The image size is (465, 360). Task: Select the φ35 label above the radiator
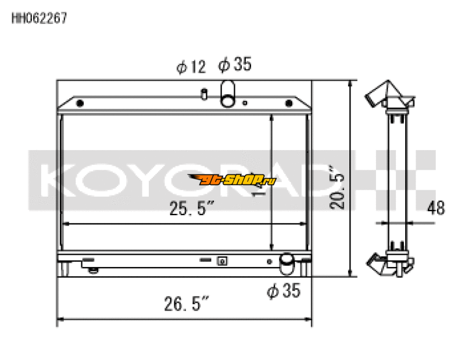(x=235, y=65)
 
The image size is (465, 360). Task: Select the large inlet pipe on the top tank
(x=228, y=94)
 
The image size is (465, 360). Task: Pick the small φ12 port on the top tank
(x=204, y=94)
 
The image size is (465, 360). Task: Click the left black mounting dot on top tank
(x=80, y=104)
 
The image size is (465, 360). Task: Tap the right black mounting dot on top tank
(x=288, y=104)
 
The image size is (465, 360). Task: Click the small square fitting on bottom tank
(x=221, y=261)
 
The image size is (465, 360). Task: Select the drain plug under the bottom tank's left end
(x=91, y=268)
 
